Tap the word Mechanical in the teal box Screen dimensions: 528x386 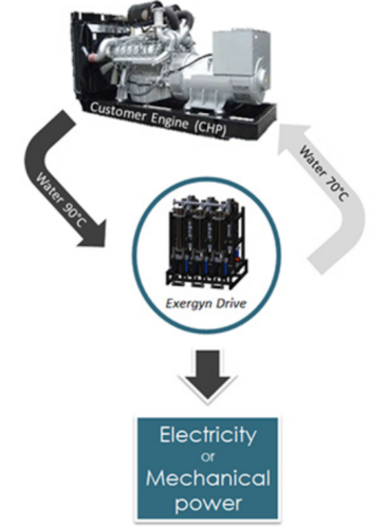pyautogui.click(x=207, y=478)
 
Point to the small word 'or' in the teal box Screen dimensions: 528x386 pyautogui.click(x=207, y=456)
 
